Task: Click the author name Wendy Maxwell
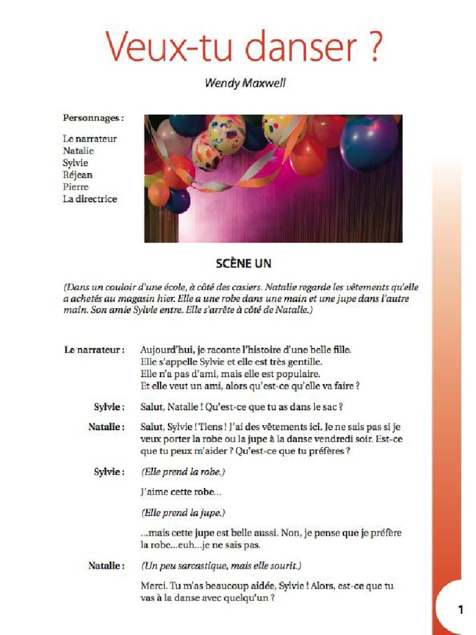click(x=245, y=83)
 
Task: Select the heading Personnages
click(x=92, y=117)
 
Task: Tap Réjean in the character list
click(x=77, y=175)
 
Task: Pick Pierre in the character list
click(x=76, y=187)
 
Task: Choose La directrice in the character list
click(x=90, y=199)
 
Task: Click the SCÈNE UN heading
click(x=244, y=264)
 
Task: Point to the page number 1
click(x=461, y=610)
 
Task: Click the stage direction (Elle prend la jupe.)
click(x=183, y=513)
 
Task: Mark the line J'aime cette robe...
click(x=181, y=492)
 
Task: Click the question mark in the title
click(x=369, y=45)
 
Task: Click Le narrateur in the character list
click(x=89, y=139)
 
